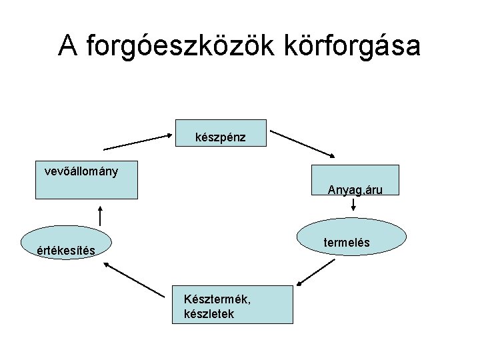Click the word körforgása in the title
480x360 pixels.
[x=347, y=46]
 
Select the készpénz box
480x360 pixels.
[x=221, y=133]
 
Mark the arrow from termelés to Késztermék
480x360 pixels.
[x=315, y=273]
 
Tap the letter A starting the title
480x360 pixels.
[x=66, y=46]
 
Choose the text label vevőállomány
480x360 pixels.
[x=81, y=171]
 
